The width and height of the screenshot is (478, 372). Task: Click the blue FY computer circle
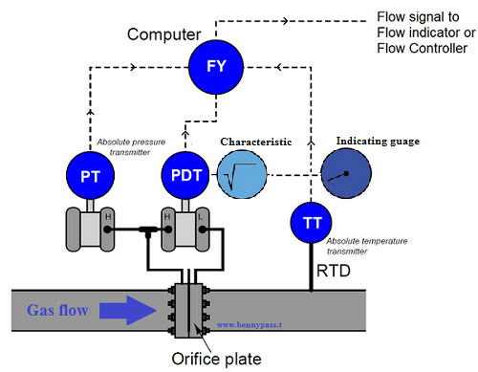pyautogui.click(x=217, y=66)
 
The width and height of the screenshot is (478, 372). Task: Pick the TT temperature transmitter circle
pyautogui.click(x=312, y=223)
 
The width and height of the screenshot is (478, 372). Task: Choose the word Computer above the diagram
pyautogui.click(x=162, y=34)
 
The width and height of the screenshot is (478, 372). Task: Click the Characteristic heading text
pyautogui.click(x=256, y=142)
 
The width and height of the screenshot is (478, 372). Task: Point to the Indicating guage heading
pyautogui.click(x=378, y=142)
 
